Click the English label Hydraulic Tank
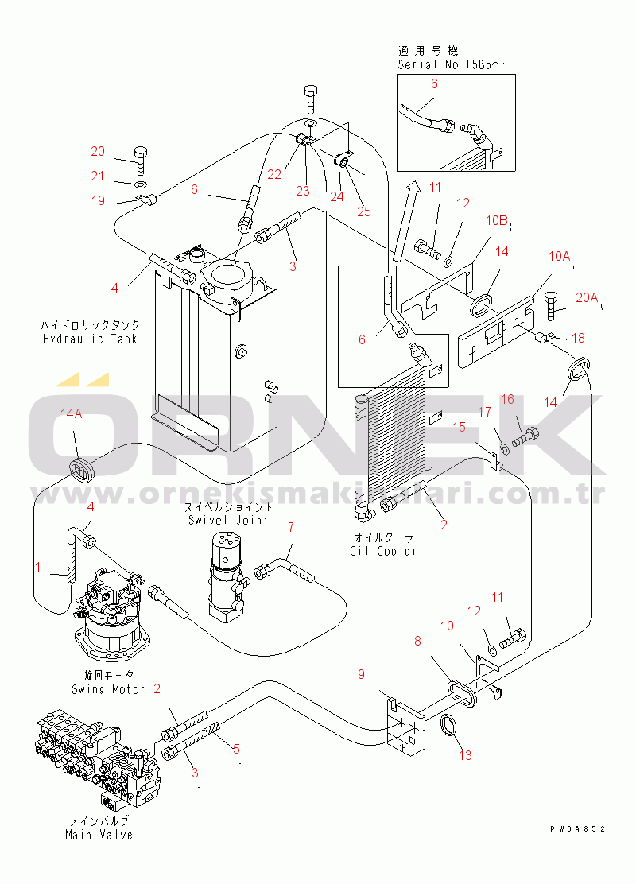pyautogui.click(x=91, y=339)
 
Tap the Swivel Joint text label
pyautogui.click(x=230, y=520)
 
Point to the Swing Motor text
pyautogui.click(x=107, y=689)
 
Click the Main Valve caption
pyautogui.click(x=99, y=834)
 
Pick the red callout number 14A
pyautogui.click(x=72, y=414)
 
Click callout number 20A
pyautogui.click(x=586, y=297)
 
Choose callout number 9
pyautogui.click(x=361, y=675)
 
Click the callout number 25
pyautogui.click(x=364, y=211)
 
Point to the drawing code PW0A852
pyautogui.click(x=577, y=828)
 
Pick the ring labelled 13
pyautogui.click(x=450, y=725)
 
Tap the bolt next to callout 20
pyautogui.click(x=140, y=161)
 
